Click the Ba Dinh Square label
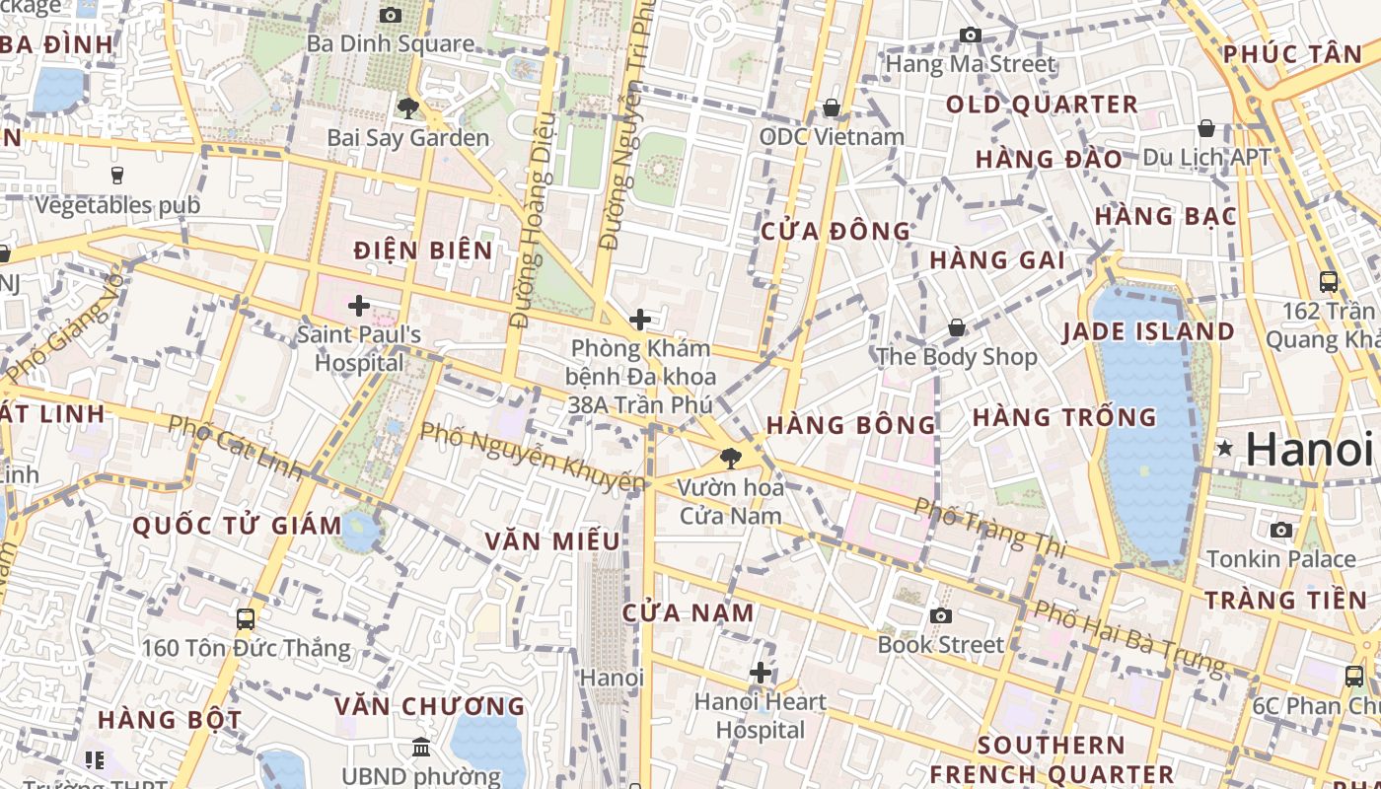click(390, 44)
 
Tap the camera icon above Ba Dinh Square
click(391, 15)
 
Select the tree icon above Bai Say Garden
click(407, 108)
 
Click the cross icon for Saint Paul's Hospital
click(359, 306)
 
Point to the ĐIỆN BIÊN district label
click(423, 251)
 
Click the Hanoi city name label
click(1309, 450)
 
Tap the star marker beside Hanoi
click(1225, 449)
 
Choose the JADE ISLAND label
click(1148, 331)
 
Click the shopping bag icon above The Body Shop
click(956, 327)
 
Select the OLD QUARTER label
click(1042, 105)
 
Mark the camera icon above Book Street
click(940, 616)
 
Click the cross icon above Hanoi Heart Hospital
click(761, 673)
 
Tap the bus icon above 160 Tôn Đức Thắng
click(246, 619)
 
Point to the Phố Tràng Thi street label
click(989, 526)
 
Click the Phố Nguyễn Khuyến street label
click(533, 457)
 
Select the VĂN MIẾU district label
click(552, 540)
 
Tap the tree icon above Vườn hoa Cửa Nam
click(731, 458)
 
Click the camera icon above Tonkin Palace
click(1281, 531)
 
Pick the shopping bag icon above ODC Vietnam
click(832, 108)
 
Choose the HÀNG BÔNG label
click(850, 425)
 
